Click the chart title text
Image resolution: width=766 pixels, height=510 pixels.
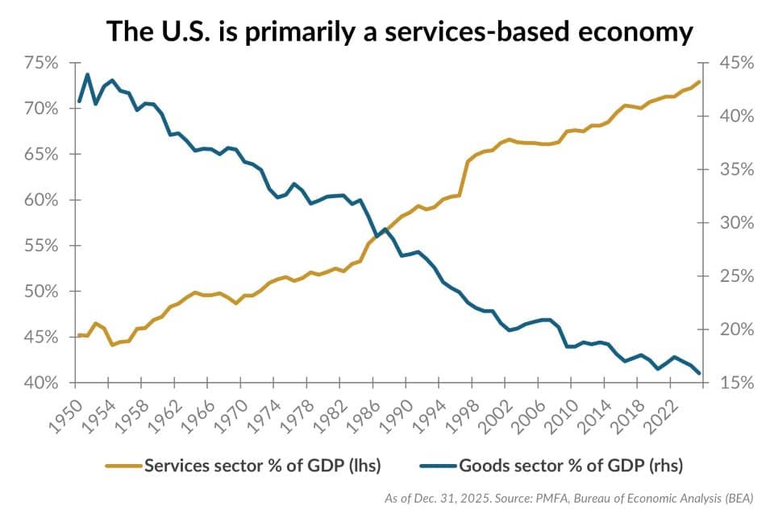click(x=400, y=31)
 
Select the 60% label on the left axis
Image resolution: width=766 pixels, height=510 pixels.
click(x=40, y=200)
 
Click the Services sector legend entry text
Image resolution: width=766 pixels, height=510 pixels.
click(x=261, y=465)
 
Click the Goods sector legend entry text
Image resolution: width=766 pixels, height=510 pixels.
click(x=571, y=465)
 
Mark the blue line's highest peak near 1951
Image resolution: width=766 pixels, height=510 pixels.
click(x=87, y=74)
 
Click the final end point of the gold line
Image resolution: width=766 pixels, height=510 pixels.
click(x=699, y=81)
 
